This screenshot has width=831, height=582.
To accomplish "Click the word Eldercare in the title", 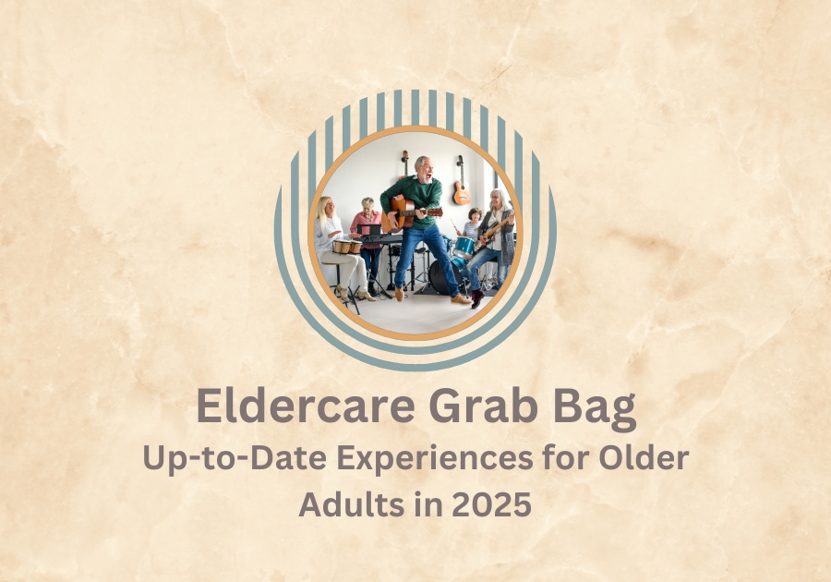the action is (306, 406).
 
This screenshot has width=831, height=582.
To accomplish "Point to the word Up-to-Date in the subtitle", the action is (235, 459).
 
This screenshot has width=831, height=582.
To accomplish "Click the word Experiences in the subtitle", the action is (435, 459).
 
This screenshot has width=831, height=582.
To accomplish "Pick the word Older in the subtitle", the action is (644, 458).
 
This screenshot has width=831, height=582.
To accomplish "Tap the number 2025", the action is (492, 504).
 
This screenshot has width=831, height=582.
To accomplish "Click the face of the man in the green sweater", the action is (425, 168).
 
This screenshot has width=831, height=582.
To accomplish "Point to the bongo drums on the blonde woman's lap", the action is (347, 247).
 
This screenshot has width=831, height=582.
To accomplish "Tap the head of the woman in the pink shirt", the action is (367, 204).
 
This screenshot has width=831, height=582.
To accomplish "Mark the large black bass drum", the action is (443, 276).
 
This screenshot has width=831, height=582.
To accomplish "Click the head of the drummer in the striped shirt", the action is (475, 215).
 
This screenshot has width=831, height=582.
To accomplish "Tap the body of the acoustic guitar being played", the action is (396, 214).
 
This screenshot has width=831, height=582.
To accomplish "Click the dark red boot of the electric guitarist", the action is (477, 298).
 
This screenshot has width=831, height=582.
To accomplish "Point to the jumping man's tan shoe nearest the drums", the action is (461, 299).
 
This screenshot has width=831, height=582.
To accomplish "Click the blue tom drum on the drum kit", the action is (464, 247).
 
